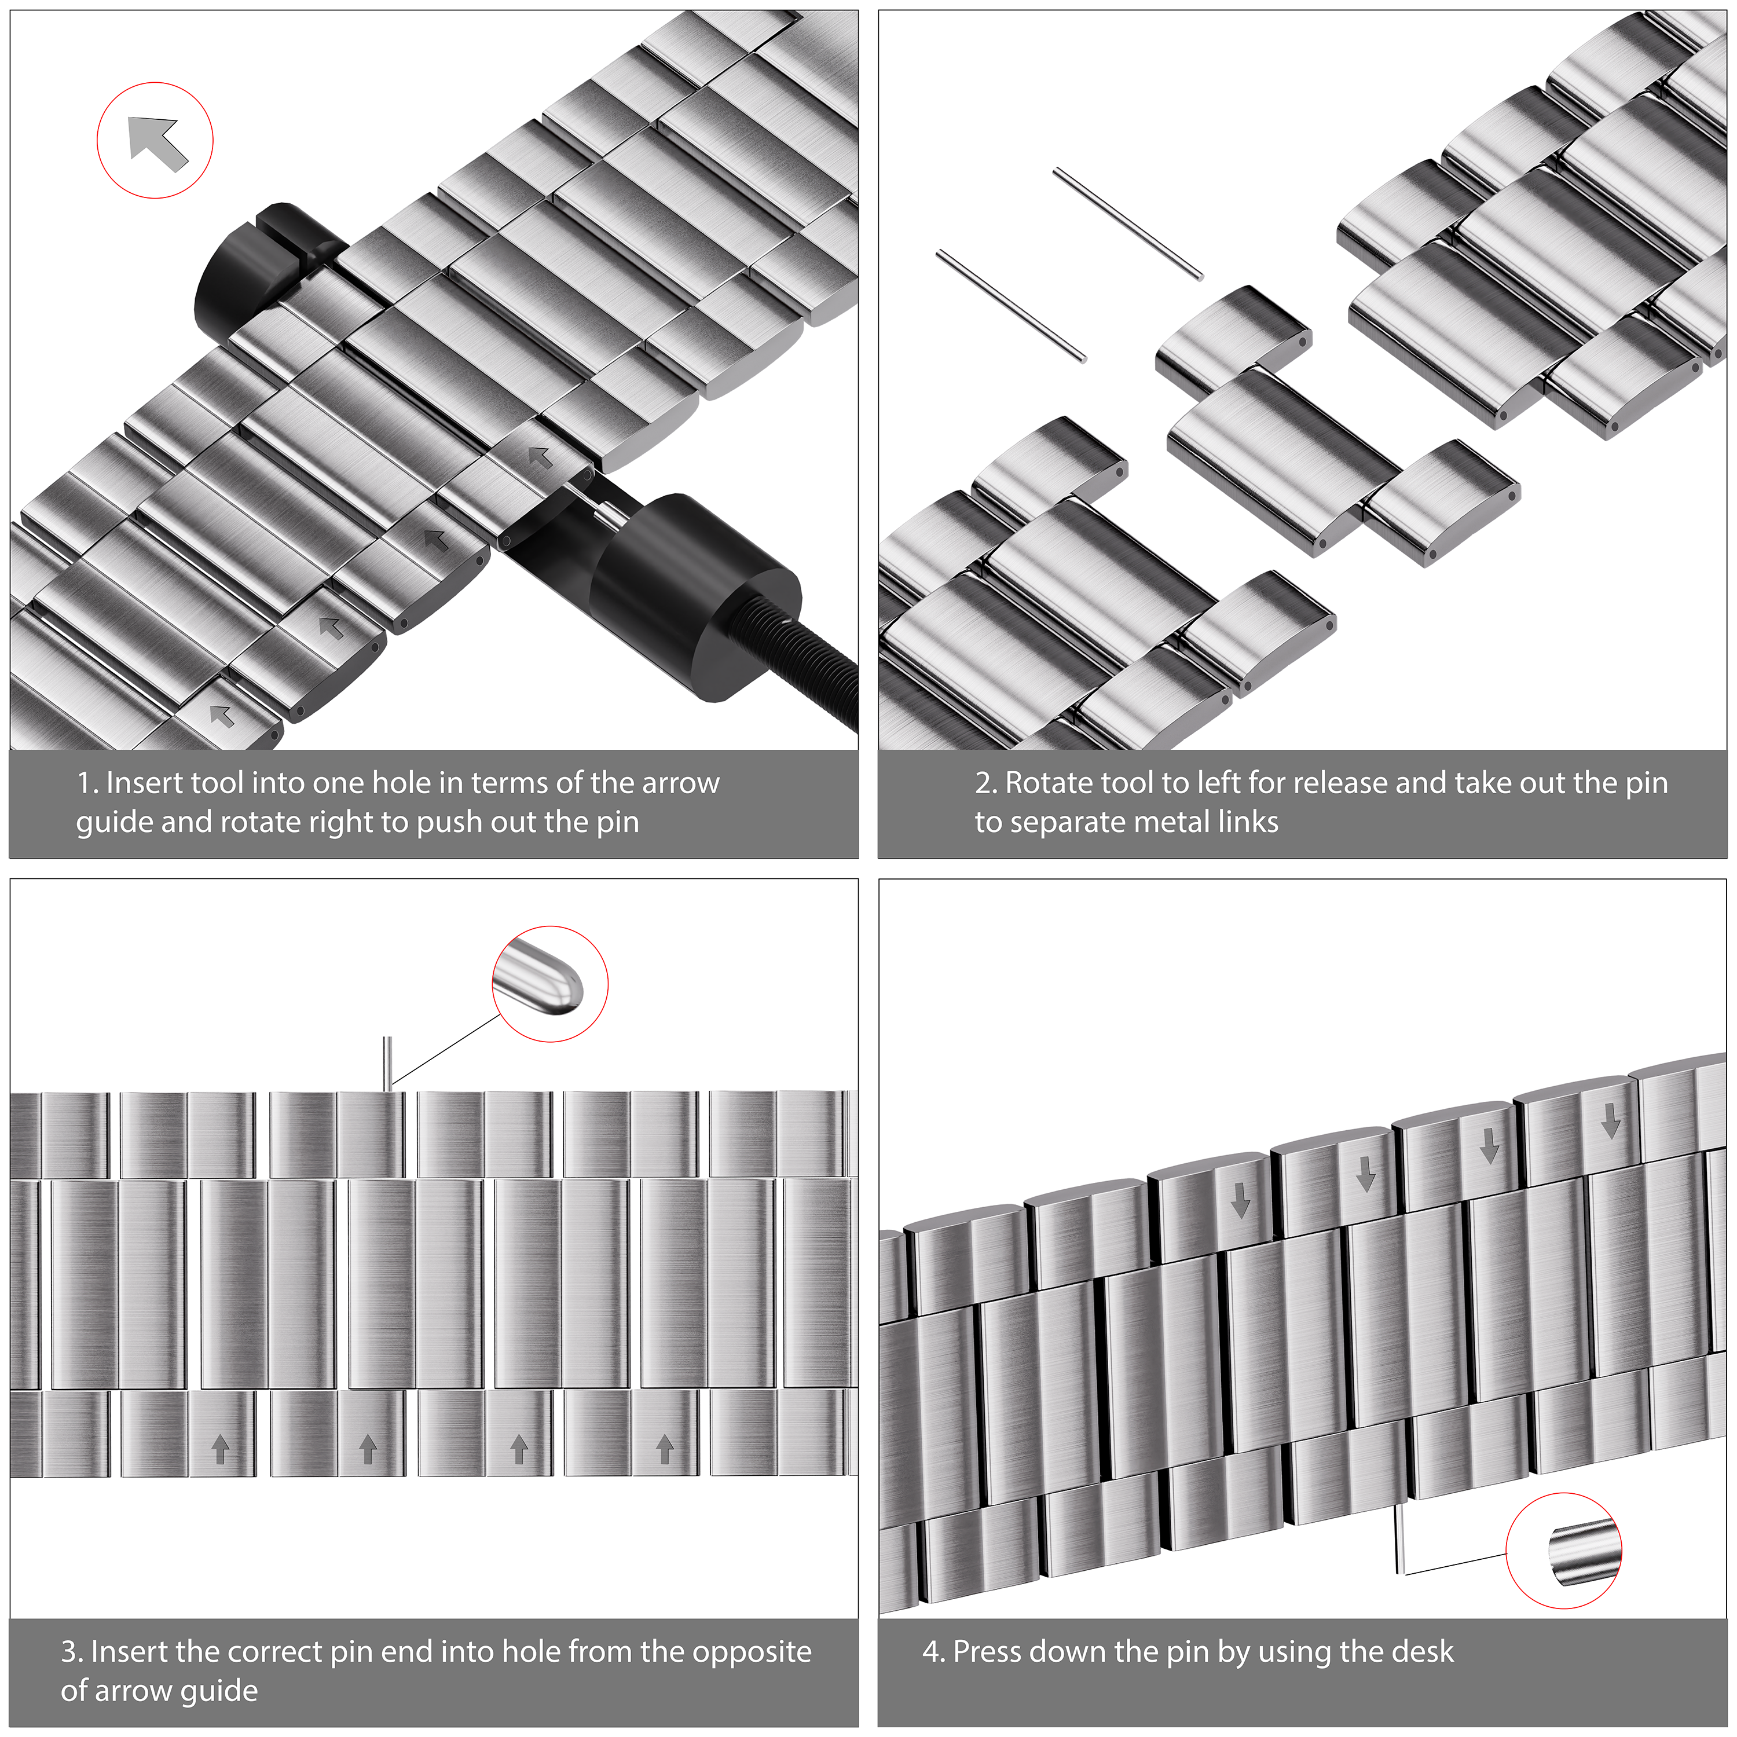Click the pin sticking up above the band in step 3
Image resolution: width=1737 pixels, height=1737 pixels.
tap(387, 1064)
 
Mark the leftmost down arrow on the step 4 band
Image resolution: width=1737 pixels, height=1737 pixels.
tap(1241, 1200)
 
